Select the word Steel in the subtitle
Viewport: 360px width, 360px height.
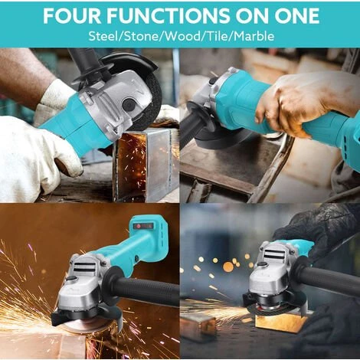[x=104, y=36]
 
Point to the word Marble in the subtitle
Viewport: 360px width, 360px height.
[x=254, y=36]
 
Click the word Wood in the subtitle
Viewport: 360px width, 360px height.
[x=182, y=36]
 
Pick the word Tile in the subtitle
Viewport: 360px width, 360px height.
[x=218, y=36]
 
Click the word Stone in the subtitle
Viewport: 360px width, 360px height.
[x=142, y=36]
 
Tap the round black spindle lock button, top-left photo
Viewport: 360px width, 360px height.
[x=128, y=105]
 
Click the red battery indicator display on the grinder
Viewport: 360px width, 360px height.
[x=143, y=226]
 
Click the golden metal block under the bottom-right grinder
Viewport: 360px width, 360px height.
[x=281, y=322]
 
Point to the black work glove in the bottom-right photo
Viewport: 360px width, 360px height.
[x=316, y=230]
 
